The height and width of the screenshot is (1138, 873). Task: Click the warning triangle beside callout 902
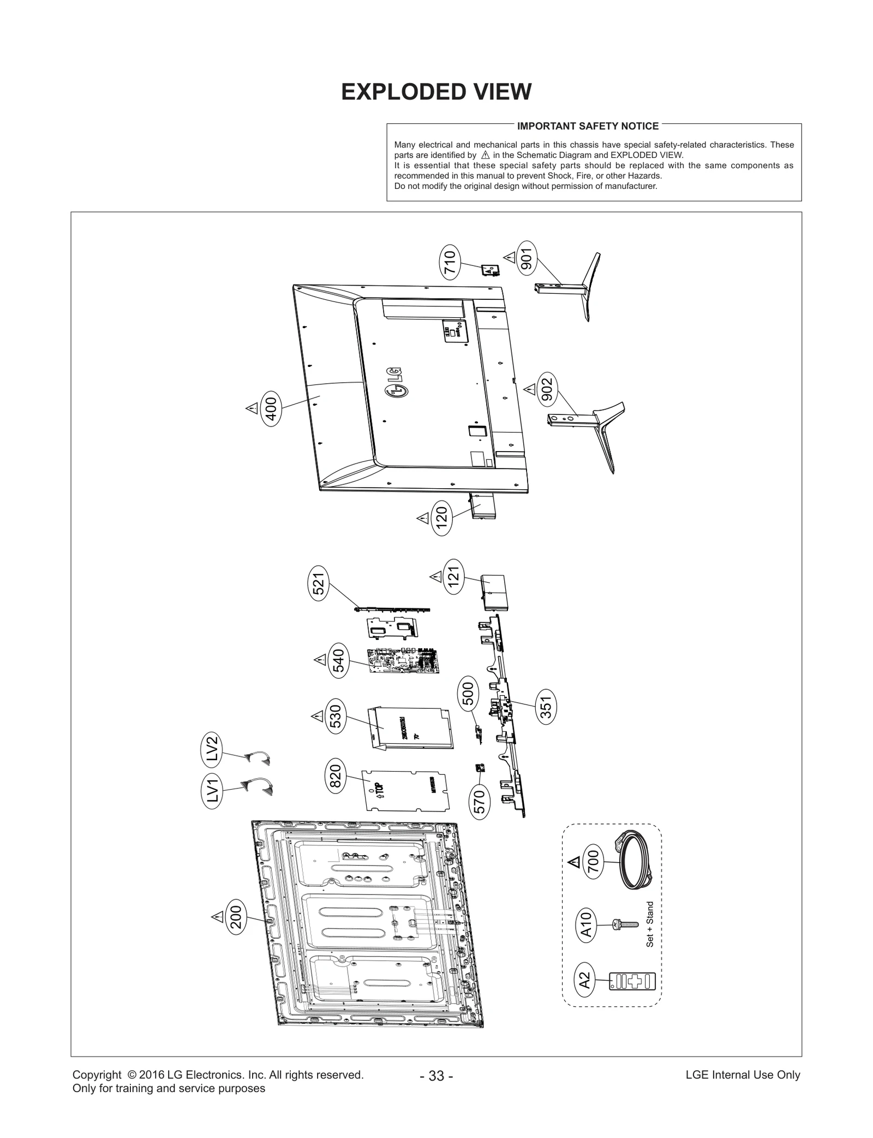pyautogui.click(x=529, y=389)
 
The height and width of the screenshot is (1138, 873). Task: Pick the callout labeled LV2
pyautogui.click(x=213, y=748)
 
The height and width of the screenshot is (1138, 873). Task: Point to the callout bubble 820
pyautogui.click(x=335, y=776)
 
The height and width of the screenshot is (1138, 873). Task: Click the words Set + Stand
pyautogui.click(x=649, y=924)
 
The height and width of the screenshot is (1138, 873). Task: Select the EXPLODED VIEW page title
pyautogui.click(x=436, y=92)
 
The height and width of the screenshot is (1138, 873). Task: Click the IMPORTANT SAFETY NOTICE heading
pyautogui.click(x=588, y=126)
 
